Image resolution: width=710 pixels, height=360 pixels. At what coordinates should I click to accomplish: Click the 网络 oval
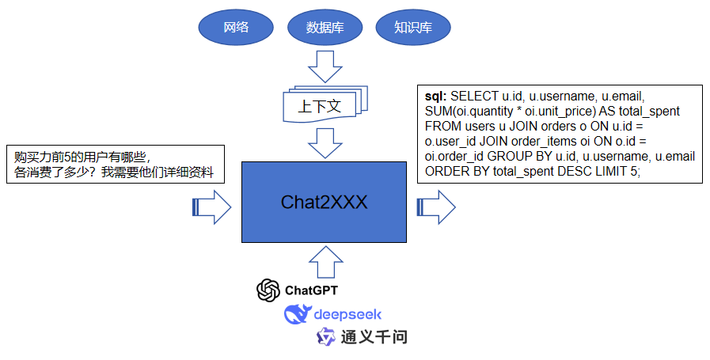(236, 28)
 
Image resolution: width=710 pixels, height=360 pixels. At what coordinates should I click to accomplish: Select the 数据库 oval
(325, 28)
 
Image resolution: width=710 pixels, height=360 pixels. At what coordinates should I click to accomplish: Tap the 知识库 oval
(412, 28)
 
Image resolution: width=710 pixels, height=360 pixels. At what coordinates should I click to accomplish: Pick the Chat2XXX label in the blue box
(324, 202)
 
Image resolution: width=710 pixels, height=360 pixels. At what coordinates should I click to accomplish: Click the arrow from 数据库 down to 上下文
(324, 66)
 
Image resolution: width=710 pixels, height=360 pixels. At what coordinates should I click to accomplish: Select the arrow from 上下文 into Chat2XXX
(324, 143)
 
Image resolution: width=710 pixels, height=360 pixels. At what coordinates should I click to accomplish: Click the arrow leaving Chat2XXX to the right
(435, 207)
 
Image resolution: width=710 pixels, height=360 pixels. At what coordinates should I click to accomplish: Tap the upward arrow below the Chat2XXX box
(324, 259)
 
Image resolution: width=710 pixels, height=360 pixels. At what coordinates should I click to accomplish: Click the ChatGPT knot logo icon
(268, 290)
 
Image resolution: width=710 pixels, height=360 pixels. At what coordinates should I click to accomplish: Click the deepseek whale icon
(297, 315)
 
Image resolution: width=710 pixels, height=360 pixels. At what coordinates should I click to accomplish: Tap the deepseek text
(347, 315)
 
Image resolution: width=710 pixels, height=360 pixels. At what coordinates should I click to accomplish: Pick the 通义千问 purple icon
(325, 337)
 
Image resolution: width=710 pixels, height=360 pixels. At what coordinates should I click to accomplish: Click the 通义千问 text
(374, 337)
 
